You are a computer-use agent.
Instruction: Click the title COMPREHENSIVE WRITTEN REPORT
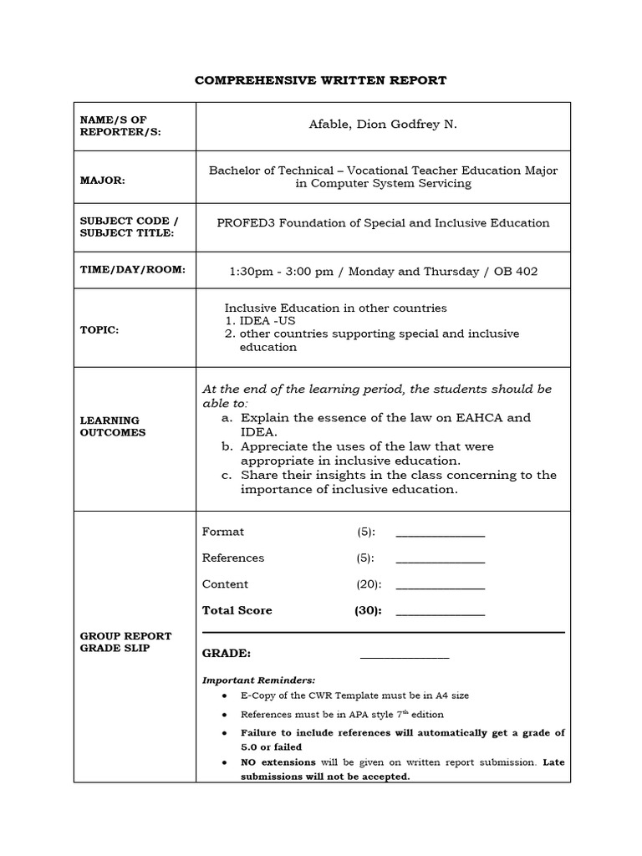click(320, 80)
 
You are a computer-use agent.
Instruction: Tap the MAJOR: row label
click(102, 181)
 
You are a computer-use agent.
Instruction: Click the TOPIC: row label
click(99, 329)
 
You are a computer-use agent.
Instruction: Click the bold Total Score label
click(237, 610)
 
